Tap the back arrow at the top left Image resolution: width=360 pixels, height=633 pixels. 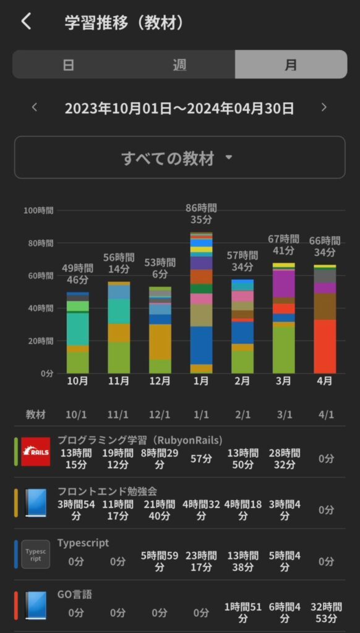[x=25, y=22]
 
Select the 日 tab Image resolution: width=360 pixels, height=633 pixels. [x=68, y=64]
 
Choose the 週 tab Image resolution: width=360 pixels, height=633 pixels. [x=179, y=64]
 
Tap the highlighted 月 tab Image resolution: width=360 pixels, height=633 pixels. [x=291, y=64]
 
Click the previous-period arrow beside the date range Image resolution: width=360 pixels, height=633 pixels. [x=35, y=108]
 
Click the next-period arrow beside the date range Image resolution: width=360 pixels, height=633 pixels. [x=324, y=108]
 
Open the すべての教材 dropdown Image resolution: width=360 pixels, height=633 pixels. [x=179, y=158]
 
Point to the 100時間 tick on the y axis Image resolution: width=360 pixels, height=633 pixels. [x=38, y=210]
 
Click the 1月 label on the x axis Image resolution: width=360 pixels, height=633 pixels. [x=201, y=381]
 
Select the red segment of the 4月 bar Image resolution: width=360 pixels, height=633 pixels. [x=325, y=346]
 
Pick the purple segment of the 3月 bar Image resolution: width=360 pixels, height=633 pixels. [x=283, y=284]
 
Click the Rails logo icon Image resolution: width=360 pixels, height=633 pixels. [x=35, y=451]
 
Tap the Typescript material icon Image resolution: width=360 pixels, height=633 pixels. [x=35, y=554]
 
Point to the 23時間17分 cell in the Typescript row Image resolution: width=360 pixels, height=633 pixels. [x=201, y=561]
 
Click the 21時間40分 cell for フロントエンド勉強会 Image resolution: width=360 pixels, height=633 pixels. [x=160, y=510]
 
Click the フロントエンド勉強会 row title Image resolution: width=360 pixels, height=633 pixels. [x=107, y=491]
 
